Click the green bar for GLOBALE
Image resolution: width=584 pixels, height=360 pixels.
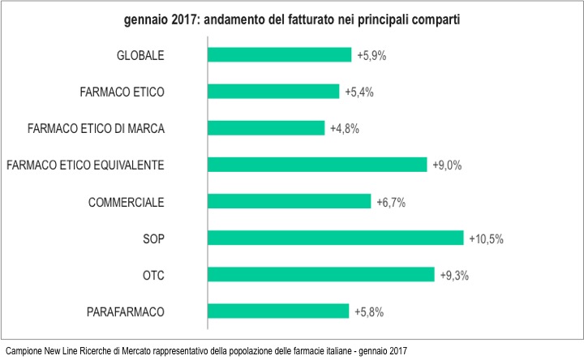(280, 54)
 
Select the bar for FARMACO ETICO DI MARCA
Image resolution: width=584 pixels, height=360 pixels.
(266, 128)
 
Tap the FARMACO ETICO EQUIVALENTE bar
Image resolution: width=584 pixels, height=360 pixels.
(317, 165)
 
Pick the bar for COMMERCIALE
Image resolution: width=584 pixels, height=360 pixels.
(290, 201)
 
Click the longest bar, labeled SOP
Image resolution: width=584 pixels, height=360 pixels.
(336, 238)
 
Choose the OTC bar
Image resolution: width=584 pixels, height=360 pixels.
(321, 275)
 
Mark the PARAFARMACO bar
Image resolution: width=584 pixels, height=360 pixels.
(278, 311)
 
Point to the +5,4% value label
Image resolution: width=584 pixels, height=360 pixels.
(359, 92)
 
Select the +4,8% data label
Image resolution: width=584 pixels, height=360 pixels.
(344, 129)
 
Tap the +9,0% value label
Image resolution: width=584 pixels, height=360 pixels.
(446, 165)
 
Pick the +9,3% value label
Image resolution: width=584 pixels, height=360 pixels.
(454, 276)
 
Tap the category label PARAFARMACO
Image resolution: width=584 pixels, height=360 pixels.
(126, 311)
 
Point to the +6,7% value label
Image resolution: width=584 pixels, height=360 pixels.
(390, 202)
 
